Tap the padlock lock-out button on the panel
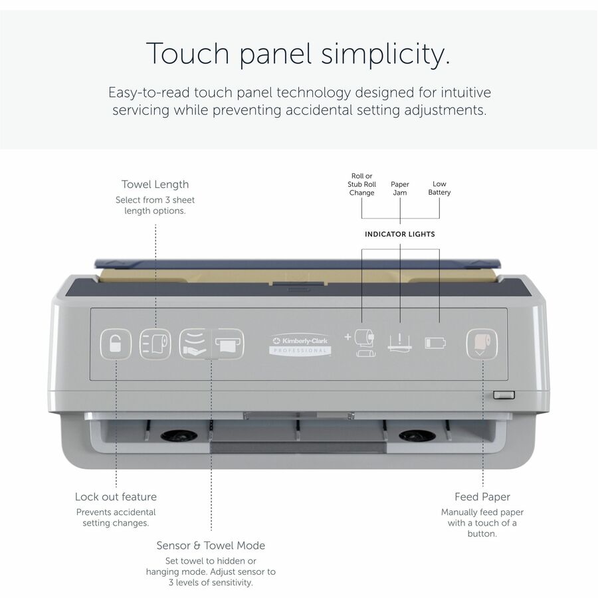[116, 344]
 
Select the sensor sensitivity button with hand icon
[195, 344]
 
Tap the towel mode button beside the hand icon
[228, 344]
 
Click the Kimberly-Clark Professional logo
[300, 344]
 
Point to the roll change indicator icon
[361, 343]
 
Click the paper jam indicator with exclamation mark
[400, 342]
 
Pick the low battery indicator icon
[435, 342]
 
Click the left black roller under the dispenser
[179, 435]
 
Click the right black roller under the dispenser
[417, 435]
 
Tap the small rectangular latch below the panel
[504, 395]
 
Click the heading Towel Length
[155, 184]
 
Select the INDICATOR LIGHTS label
[400, 234]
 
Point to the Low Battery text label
[439, 188]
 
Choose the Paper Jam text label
[400, 189]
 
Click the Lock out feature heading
[116, 496]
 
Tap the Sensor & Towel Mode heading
[211, 546]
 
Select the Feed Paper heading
[482, 497]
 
